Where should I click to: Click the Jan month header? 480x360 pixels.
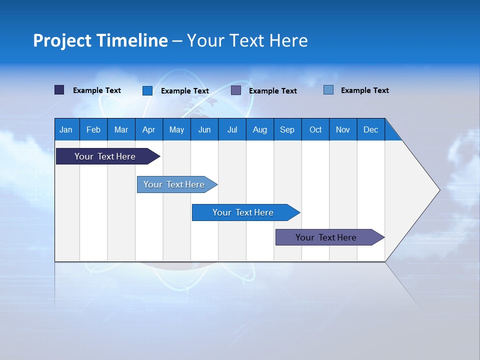coord(66,129)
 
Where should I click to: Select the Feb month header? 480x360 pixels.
coord(93,129)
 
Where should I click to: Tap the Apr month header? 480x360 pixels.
coord(149,129)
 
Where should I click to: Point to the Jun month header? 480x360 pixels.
coord(204,129)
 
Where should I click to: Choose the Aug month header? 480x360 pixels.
coord(260,129)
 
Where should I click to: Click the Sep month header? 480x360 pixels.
coord(287,129)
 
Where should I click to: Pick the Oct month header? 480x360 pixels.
coord(315,129)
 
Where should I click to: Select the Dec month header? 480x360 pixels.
coord(371,129)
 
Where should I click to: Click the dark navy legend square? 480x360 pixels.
coord(59,90)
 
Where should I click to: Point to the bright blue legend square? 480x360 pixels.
coord(147,90)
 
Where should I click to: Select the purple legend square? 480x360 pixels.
coord(236,90)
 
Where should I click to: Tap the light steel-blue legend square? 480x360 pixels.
coord(328,90)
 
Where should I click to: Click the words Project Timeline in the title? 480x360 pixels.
coord(100,40)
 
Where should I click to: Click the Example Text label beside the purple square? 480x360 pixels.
coord(273,91)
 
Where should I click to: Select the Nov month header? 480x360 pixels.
coord(343,129)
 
